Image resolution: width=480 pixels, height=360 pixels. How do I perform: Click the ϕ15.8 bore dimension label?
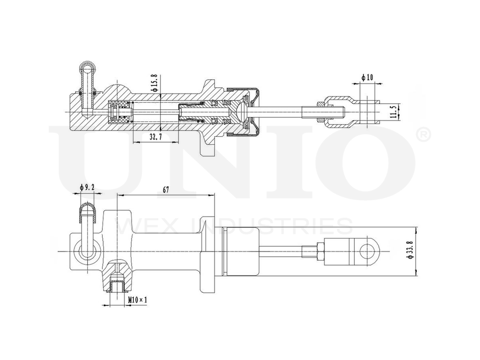(x=155, y=83)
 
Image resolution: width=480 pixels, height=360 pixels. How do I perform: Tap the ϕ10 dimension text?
(x=367, y=77)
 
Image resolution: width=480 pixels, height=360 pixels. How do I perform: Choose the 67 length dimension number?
(x=166, y=190)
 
